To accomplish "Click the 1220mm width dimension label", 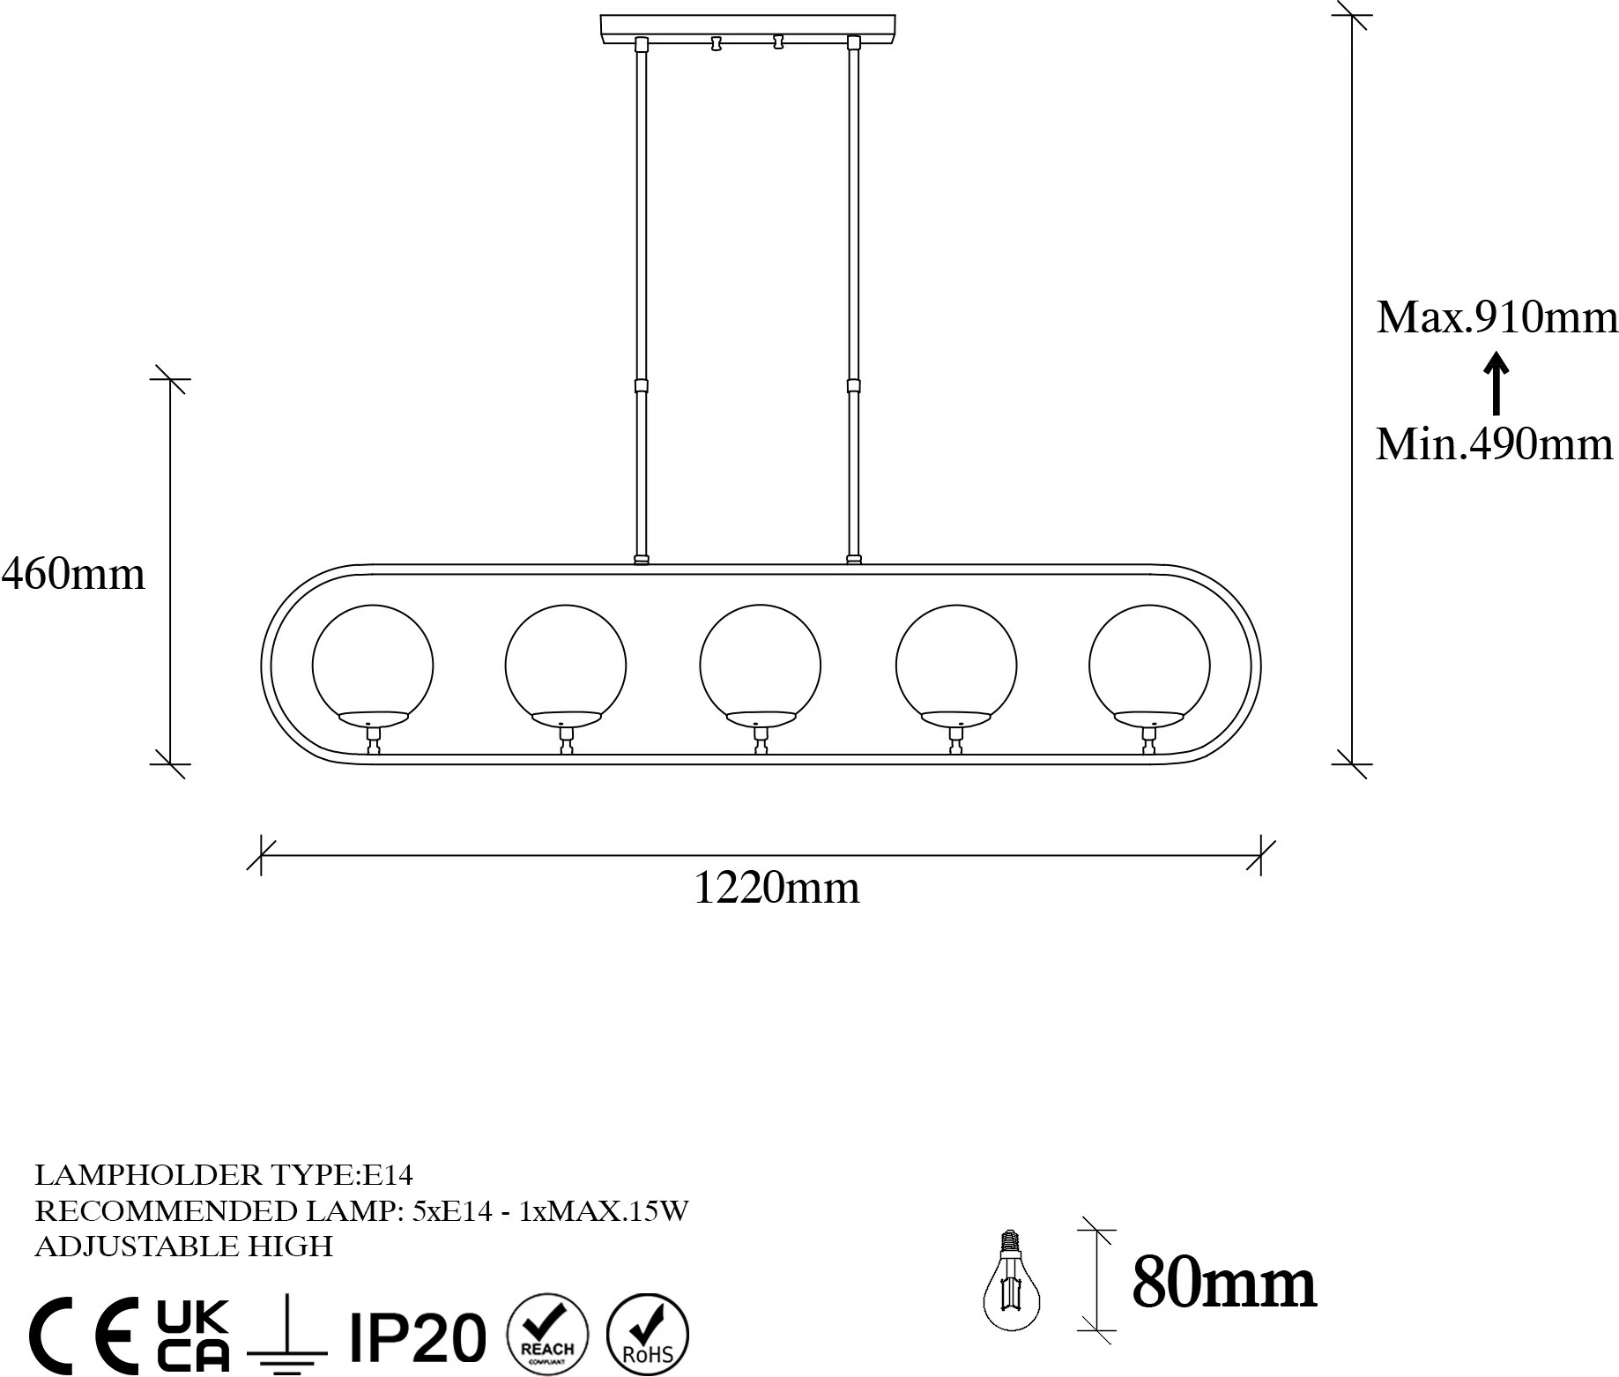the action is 776,888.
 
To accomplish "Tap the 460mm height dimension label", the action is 73,574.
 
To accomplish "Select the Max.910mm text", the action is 1497,316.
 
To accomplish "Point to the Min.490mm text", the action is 1495,443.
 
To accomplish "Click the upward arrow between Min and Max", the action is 1496,383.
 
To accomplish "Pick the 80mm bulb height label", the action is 1224,1283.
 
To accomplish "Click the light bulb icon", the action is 1012,1279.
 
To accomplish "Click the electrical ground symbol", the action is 287,1336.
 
